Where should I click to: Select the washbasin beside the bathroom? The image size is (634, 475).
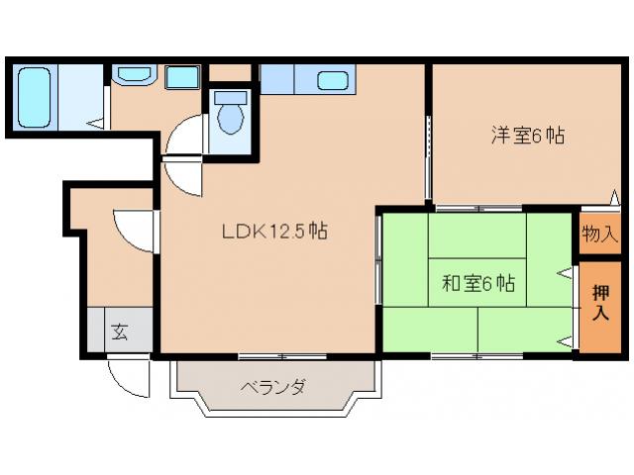[x=132, y=75]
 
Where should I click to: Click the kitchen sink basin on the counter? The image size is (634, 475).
[x=335, y=79]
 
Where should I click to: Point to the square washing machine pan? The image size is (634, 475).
[x=180, y=76]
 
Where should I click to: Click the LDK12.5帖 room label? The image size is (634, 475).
[x=274, y=233]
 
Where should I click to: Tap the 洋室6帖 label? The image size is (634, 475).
[x=527, y=137]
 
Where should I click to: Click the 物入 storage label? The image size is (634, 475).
[x=599, y=235]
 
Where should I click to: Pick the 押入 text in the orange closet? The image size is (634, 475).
[x=600, y=302]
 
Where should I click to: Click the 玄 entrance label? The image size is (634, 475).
[x=119, y=332]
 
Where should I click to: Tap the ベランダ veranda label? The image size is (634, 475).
[x=271, y=387]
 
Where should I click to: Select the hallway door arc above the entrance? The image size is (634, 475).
[x=132, y=230]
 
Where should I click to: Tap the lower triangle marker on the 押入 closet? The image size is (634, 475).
[x=566, y=341]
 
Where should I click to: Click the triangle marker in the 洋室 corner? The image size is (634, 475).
[x=614, y=198]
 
